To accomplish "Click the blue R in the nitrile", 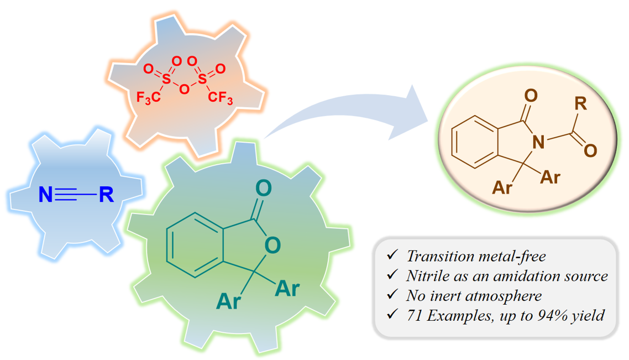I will (106, 195).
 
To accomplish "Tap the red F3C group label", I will (149, 98).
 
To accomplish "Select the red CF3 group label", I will (221, 98).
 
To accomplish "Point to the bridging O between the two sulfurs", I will (185, 87).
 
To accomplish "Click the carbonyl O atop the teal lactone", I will (264, 188).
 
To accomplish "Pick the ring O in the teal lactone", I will (270, 245).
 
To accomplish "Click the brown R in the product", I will (580, 102).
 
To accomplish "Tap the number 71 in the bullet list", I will (414, 316).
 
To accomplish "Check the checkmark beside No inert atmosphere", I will (392, 295).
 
